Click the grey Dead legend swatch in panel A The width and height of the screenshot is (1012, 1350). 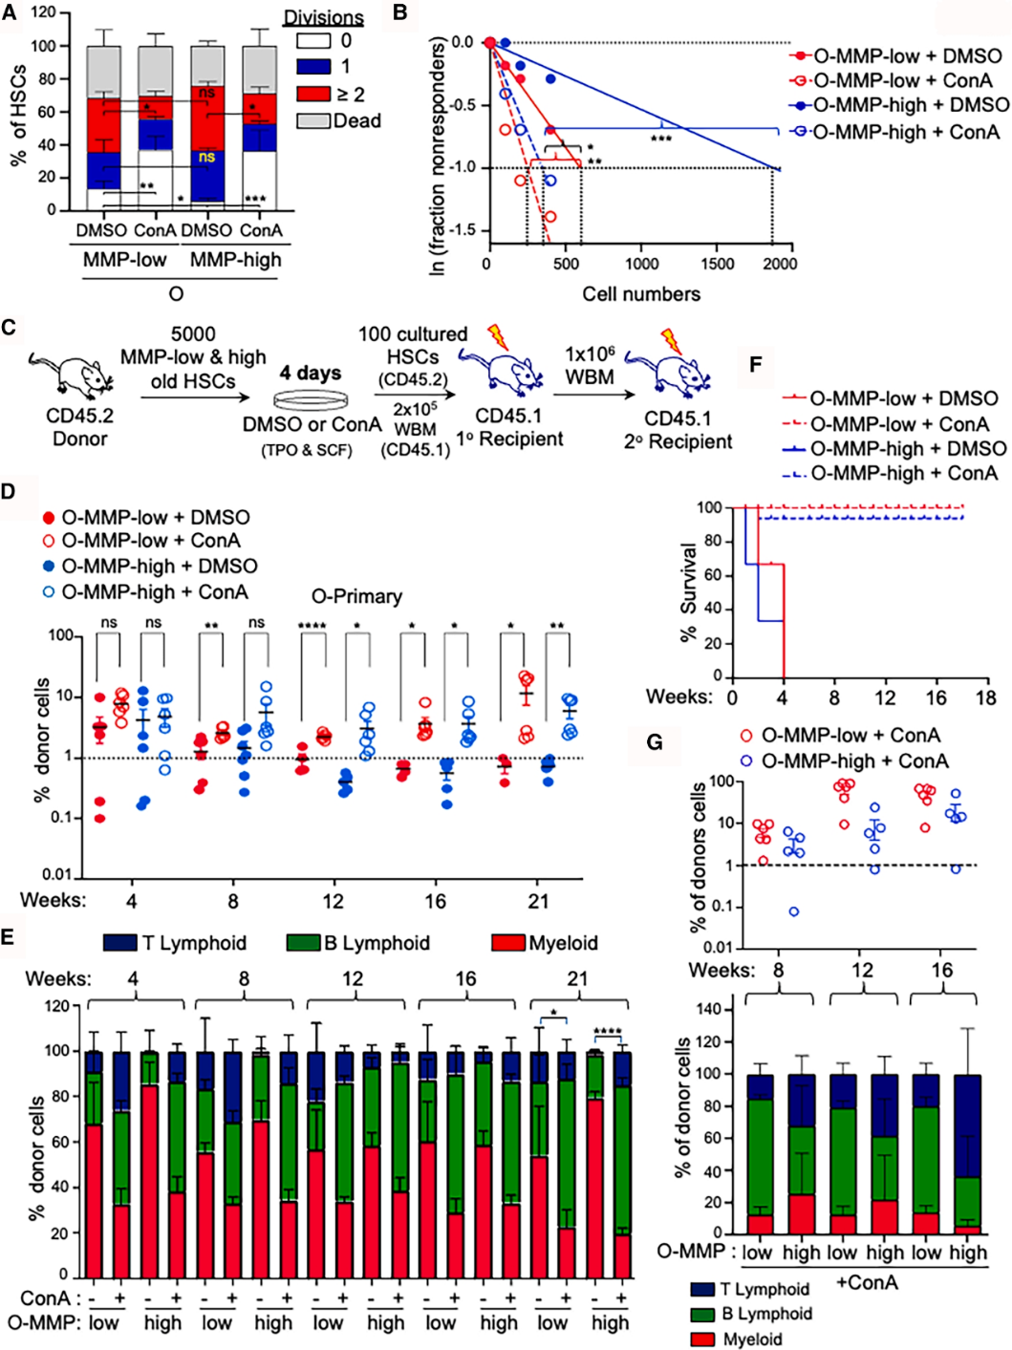[x=315, y=120]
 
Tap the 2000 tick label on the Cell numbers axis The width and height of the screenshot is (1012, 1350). [x=780, y=264]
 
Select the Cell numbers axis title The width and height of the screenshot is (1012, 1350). [x=641, y=293]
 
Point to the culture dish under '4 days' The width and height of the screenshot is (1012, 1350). [x=310, y=400]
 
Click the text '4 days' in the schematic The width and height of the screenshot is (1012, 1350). [x=310, y=373]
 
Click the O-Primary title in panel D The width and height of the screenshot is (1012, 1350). [x=356, y=595]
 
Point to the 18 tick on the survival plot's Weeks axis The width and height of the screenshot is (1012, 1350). [x=985, y=697]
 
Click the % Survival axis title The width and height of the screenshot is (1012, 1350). [x=687, y=592]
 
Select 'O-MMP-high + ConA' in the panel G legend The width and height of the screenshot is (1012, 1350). [x=854, y=761]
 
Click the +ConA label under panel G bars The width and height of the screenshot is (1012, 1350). [x=867, y=1282]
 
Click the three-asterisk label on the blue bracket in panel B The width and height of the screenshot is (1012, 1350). [x=660, y=139]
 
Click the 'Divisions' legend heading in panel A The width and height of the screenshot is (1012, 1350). [x=323, y=18]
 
